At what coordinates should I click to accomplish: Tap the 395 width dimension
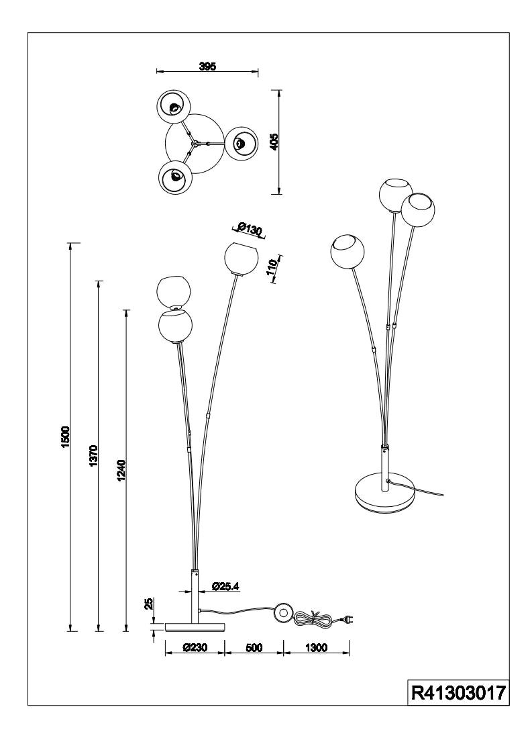[207, 66]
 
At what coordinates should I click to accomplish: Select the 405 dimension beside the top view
[273, 142]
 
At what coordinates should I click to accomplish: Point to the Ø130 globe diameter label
[250, 230]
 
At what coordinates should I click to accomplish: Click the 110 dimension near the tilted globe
[272, 269]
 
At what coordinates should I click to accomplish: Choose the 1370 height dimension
[94, 457]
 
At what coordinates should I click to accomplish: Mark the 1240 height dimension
[121, 471]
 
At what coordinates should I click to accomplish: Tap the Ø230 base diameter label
[194, 648]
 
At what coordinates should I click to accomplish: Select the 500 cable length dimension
[254, 648]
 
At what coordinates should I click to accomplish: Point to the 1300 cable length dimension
[315, 648]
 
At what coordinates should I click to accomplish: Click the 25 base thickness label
[149, 603]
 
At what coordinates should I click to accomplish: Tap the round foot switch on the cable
[282, 612]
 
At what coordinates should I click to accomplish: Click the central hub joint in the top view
[194, 142]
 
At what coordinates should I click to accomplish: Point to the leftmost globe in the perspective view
[347, 252]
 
